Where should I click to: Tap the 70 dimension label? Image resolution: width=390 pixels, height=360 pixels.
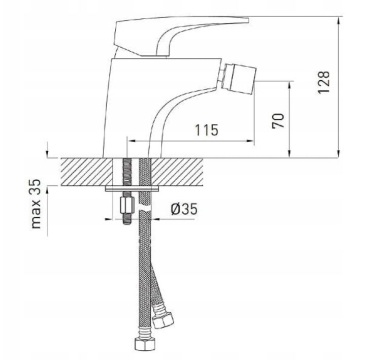[x=279, y=120]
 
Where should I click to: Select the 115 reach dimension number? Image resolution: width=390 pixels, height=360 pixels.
[x=207, y=129]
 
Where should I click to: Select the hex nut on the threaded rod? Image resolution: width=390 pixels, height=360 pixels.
[x=125, y=206]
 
